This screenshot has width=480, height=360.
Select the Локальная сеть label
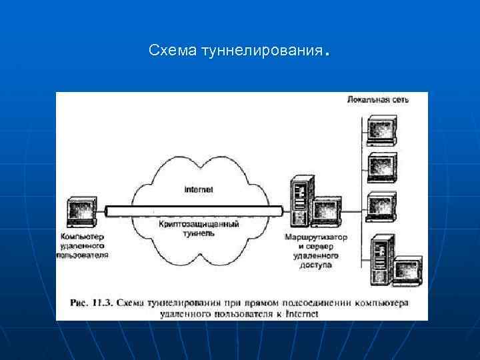378,99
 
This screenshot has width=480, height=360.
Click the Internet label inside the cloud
198,189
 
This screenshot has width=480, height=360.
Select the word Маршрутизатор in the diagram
315,237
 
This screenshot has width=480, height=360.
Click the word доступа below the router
315,265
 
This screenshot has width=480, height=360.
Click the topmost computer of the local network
381,131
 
